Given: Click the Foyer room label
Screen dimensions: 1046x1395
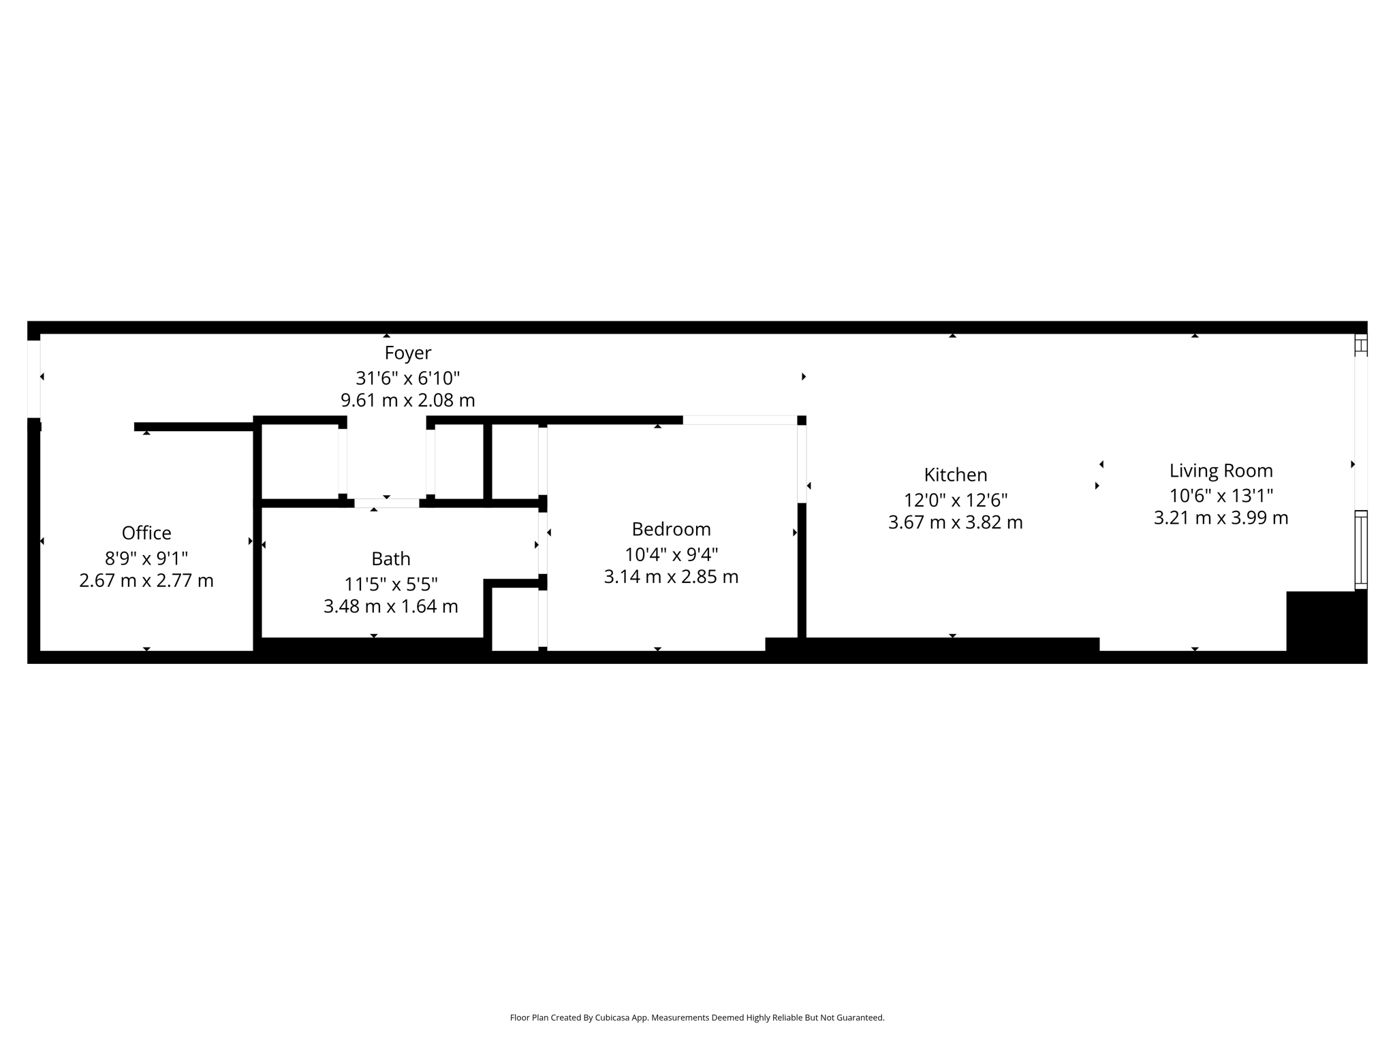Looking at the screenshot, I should [x=407, y=353].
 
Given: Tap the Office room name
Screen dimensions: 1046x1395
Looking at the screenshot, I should [x=146, y=533].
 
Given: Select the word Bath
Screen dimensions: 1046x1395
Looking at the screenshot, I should [x=391, y=558].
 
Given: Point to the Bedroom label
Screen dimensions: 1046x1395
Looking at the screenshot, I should [x=671, y=529].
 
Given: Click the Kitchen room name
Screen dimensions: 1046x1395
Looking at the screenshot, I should [x=955, y=475].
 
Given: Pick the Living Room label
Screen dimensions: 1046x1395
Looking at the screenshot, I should [x=1221, y=471].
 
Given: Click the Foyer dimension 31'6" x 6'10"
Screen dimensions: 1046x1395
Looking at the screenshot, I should [x=407, y=378].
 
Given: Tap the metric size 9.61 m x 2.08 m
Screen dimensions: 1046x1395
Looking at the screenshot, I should [x=407, y=400].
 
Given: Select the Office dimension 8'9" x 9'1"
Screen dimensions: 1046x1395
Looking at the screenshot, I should [x=146, y=558].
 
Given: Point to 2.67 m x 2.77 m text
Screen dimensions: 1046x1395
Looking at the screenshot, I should [x=146, y=581].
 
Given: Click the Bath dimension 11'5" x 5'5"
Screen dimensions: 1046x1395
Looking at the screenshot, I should [x=391, y=584].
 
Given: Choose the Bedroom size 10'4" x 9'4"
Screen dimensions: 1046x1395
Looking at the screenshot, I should [x=671, y=554].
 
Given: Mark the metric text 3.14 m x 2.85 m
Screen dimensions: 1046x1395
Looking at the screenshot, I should [x=671, y=577].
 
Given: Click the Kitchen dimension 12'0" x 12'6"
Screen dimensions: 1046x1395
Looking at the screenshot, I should [x=955, y=501].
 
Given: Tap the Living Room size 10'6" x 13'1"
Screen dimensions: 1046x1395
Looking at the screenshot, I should [x=1221, y=496].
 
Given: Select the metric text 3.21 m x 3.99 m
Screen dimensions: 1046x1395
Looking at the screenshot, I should [x=1221, y=518].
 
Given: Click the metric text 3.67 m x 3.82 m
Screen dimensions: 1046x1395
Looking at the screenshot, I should [x=955, y=522].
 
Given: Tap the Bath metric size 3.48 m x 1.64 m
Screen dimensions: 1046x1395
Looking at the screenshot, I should [x=391, y=606].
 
